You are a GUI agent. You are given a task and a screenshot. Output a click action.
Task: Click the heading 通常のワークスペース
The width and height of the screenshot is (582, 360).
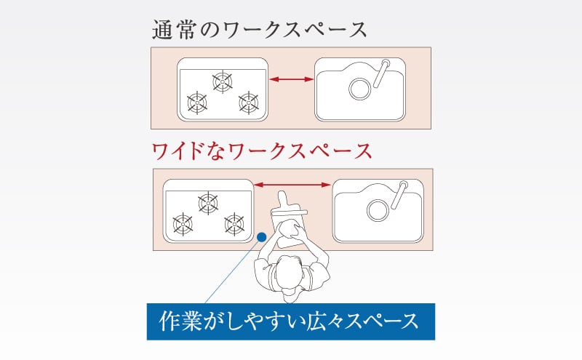[x=258, y=30]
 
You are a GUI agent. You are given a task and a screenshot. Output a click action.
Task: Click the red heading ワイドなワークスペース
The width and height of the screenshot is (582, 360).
[x=261, y=151]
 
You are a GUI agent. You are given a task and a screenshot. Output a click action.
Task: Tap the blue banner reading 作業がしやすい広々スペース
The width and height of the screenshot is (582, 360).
[x=290, y=321]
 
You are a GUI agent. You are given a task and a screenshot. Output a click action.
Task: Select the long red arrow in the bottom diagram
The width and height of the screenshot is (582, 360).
[x=292, y=185]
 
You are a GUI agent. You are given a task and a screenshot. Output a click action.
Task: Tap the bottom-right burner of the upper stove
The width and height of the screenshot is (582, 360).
[x=249, y=103]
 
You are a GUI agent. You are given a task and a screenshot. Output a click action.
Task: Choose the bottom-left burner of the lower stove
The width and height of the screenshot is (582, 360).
[x=183, y=223]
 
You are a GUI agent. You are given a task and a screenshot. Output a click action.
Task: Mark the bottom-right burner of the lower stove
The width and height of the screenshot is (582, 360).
[x=234, y=223]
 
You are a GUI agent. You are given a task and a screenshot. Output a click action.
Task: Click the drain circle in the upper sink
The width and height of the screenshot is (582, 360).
[x=359, y=89]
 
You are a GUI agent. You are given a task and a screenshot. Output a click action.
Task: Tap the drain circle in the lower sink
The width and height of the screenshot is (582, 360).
[x=378, y=209]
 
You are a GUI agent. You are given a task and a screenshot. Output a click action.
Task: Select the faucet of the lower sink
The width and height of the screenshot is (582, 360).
[x=399, y=194]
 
